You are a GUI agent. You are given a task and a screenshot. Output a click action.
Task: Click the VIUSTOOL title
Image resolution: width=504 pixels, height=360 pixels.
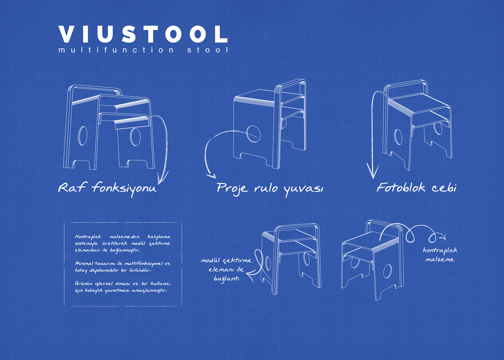pos(143,34)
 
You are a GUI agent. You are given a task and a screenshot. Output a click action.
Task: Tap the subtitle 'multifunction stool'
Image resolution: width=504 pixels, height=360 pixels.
pos(143,50)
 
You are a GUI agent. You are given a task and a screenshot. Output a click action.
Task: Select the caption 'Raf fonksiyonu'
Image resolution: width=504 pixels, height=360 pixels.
pos(107,189)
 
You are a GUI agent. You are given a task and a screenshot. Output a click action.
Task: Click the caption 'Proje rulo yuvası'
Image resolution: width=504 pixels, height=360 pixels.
pos(270,189)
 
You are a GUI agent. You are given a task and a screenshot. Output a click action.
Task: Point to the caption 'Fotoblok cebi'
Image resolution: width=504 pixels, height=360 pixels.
pos(417,188)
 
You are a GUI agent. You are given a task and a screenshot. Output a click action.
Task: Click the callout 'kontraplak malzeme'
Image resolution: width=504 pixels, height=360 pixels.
pos(440,255)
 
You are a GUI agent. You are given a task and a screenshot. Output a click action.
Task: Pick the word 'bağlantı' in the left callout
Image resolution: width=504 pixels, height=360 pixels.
pos(226,279)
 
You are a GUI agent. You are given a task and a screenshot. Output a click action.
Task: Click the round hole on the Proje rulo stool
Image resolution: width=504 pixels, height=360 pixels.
pos(253,134)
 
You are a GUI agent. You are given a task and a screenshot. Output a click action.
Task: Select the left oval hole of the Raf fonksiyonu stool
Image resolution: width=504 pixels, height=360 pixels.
pos(82,136)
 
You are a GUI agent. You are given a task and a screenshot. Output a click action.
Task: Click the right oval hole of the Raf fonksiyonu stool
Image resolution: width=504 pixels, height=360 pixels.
pos(135,137)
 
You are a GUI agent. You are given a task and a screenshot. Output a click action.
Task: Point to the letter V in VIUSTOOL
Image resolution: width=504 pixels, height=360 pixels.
pos(67,34)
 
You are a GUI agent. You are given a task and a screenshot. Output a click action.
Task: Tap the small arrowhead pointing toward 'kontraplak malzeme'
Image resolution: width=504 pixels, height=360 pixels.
pos(443,237)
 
